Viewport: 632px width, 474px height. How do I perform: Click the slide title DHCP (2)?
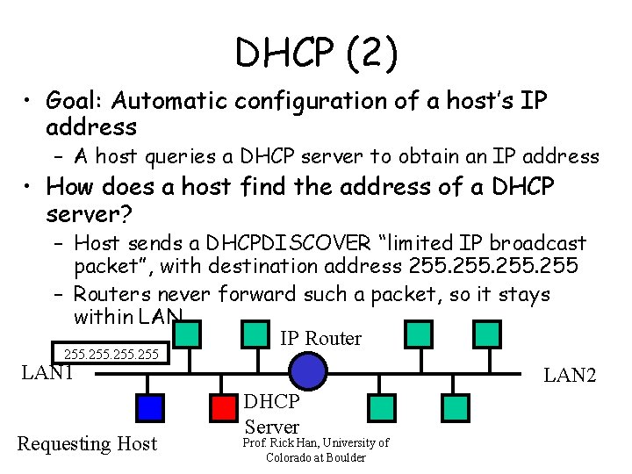click(x=316, y=54)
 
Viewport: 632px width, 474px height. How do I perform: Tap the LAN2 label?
click(x=570, y=376)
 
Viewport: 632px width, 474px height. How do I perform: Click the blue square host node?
click(x=150, y=407)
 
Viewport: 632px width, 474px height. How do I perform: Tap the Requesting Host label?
click(x=87, y=444)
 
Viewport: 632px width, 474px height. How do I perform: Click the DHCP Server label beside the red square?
click(x=271, y=414)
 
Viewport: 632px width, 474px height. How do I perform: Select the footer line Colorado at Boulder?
click(x=315, y=457)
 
